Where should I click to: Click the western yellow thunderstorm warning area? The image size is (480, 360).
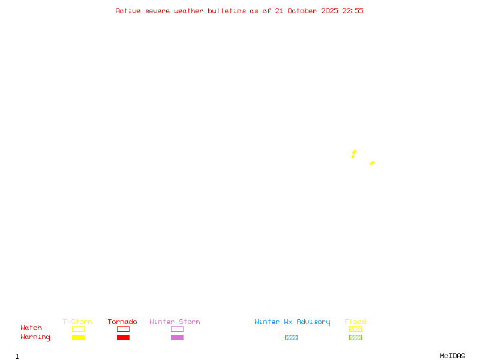(353, 154)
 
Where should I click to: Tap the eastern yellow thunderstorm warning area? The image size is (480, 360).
(372, 163)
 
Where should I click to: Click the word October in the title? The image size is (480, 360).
(306, 11)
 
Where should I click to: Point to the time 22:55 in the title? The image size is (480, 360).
(353, 11)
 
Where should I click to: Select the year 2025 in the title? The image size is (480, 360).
(329, 11)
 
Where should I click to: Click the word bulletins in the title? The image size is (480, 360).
(227, 11)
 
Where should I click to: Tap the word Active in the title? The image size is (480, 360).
(128, 11)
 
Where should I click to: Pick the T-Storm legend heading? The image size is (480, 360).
(77, 322)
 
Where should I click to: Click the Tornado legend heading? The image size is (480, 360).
(122, 322)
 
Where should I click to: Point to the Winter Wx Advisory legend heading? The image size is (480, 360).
(292, 322)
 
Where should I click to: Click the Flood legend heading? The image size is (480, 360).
(355, 322)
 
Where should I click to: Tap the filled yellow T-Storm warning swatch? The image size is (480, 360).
(78, 337)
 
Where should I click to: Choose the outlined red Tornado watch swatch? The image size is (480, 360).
(123, 329)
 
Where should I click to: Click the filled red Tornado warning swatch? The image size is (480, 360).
(123, 337)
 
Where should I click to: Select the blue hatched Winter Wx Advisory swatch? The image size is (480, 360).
(291, 337)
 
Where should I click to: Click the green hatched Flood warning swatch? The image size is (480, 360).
(355, 337)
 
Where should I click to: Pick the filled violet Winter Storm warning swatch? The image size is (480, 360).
(177, 337)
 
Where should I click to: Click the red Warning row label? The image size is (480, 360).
(35, 337)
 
